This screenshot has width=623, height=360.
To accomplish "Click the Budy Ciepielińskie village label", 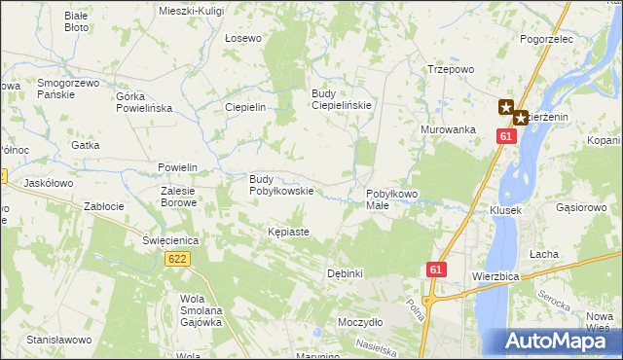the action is click(341, 99).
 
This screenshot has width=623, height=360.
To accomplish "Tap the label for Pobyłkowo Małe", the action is click(391, 199).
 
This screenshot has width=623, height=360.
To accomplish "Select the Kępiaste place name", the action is click(288, 233).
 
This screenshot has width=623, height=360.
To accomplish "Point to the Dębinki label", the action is click(345, 273).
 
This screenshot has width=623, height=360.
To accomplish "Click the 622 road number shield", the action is click(177, 259).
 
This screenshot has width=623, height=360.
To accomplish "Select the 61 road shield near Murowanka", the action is click(504, 137).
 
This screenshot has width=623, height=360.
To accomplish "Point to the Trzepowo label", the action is click(451, 69).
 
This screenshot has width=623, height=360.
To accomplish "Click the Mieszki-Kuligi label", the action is click(191, 10).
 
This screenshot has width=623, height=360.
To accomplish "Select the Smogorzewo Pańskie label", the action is click(68, 89).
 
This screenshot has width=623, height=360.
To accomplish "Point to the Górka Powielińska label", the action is click(143, 102).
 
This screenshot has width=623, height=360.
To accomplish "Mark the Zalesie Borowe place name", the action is click(179, 198).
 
